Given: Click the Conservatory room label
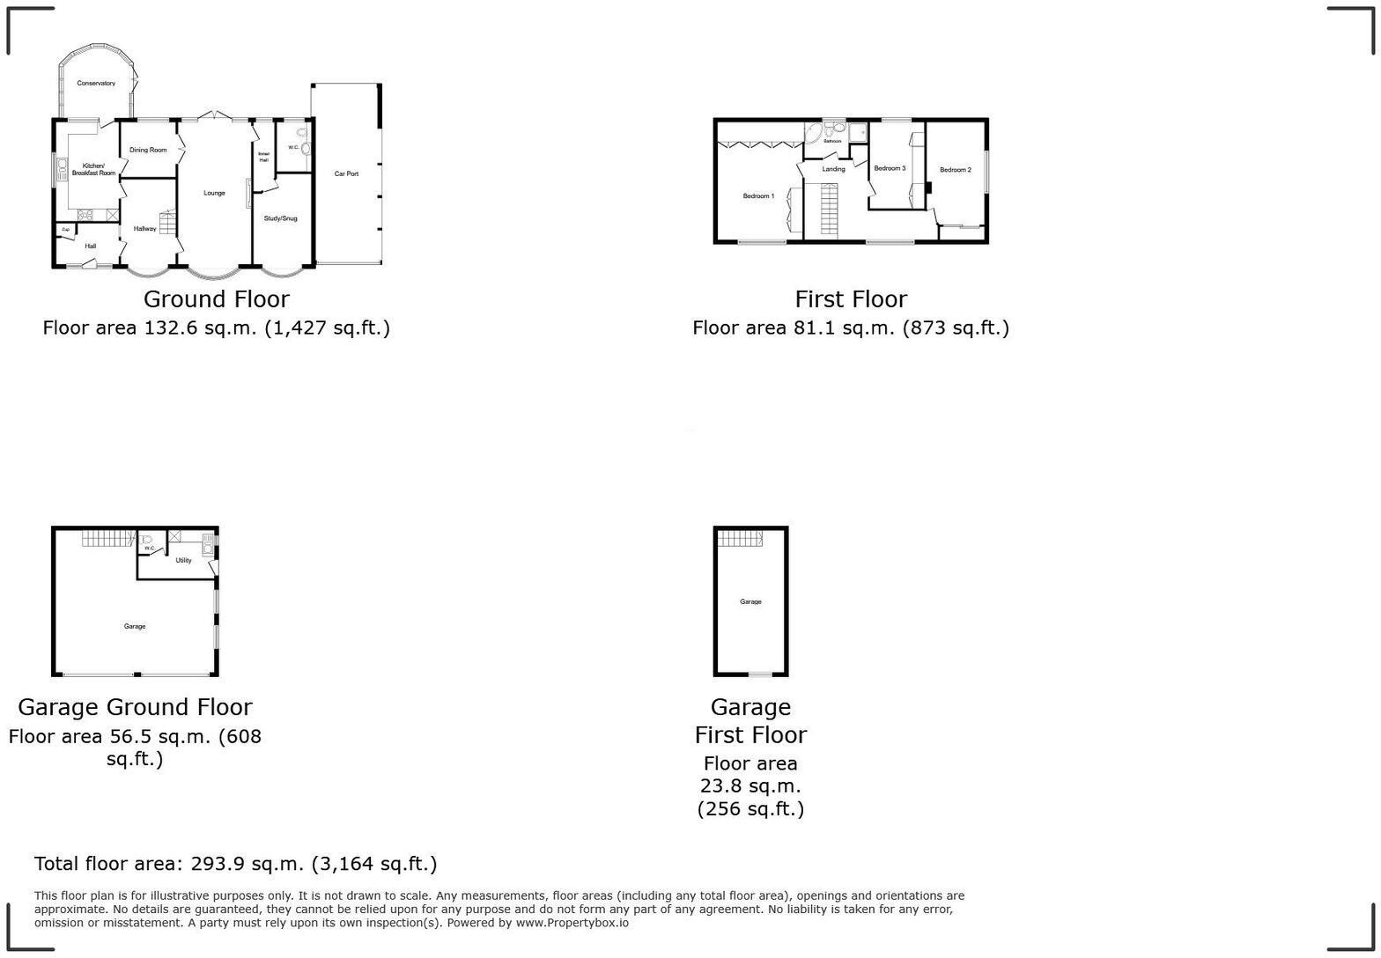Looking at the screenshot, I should tap(96, 84).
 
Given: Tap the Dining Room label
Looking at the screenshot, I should tap(148, 150).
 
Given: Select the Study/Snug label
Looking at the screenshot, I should tap(280, 218).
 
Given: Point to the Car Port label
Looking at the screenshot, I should tap(346, 173).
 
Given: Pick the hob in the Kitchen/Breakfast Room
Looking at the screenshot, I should tap(85, 214).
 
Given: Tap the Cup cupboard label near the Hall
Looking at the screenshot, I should tap(65, 230).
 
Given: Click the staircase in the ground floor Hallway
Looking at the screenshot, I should tap(167, 221).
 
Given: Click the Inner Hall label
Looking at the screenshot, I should tap(263, 157).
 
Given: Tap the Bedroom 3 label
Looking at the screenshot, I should tap(890, 168).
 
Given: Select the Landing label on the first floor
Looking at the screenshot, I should tap(833, 169).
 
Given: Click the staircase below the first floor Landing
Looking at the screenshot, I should tap(829, 209).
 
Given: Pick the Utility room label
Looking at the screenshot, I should tap(183, 560).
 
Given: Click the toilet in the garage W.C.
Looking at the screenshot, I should tap(147, 540).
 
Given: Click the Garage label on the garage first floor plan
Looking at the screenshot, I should tap(750, 602).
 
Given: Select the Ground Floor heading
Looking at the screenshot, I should tap(216, 299).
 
